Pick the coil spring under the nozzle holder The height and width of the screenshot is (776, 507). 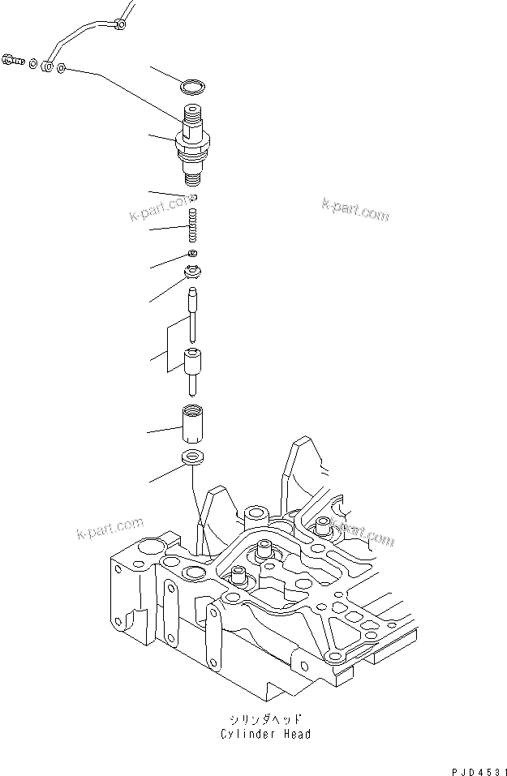tap(193, 224)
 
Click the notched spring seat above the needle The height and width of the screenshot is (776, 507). tap(194, 272)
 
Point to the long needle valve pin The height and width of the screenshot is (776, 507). tap(194, 312)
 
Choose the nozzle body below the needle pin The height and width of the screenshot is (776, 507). tap(194, 369)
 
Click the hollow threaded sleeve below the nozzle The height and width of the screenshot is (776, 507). tap(193, 422)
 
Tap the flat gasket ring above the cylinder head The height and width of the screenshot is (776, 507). tap(193, 457)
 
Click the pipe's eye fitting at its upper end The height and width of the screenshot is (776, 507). tap(120, 25)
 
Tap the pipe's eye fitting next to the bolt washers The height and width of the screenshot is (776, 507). tap(49, 66)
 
